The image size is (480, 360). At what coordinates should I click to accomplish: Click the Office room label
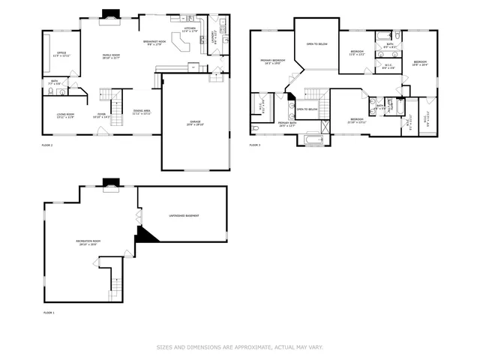61,55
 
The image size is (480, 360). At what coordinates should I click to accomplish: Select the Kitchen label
189,30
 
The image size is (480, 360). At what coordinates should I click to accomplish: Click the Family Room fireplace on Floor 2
111,14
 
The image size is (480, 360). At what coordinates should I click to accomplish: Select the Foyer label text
100,116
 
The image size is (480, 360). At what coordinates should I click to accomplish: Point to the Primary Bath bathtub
313,140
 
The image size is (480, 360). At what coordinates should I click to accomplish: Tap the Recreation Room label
87,242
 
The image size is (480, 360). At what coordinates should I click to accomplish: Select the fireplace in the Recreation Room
111,181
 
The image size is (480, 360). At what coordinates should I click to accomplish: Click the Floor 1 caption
49,312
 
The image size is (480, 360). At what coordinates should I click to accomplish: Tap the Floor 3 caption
255,145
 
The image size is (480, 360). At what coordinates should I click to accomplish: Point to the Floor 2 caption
47,145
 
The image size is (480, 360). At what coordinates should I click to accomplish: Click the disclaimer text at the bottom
239,347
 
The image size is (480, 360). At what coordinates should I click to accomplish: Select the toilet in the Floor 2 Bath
49,92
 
